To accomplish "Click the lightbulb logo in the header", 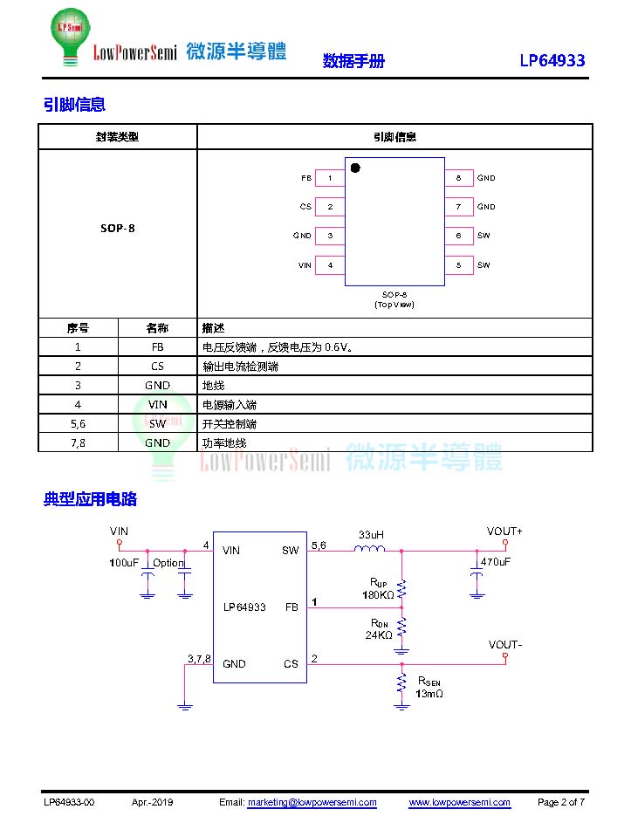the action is pos(71,37).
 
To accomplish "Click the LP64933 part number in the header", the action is pos(552,60).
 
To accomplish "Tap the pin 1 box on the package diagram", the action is pos(330,178).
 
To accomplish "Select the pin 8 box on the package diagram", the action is pos(459,178).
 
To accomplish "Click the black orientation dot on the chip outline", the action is pos(355,168).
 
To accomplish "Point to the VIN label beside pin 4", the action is pos(305,265).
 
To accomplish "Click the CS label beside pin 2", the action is pos(305,207).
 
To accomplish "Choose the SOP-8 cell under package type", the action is pos(118,228).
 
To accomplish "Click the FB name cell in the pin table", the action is pos(158,347).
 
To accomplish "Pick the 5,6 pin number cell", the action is pos(78,423).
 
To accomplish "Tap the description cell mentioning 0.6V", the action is pos(394,347).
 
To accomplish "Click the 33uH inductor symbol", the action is pos(370,548).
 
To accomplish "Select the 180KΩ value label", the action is pos(378,595).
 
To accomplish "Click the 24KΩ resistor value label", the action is pos(379,634).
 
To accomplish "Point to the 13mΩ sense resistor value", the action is pos(429,694).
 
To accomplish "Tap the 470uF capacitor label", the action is pos(495,562).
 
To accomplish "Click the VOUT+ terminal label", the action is pos(504,531).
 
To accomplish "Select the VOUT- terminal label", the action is pos(505,645).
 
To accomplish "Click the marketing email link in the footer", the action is pos(312,802).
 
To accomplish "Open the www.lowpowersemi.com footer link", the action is pos(459,802).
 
